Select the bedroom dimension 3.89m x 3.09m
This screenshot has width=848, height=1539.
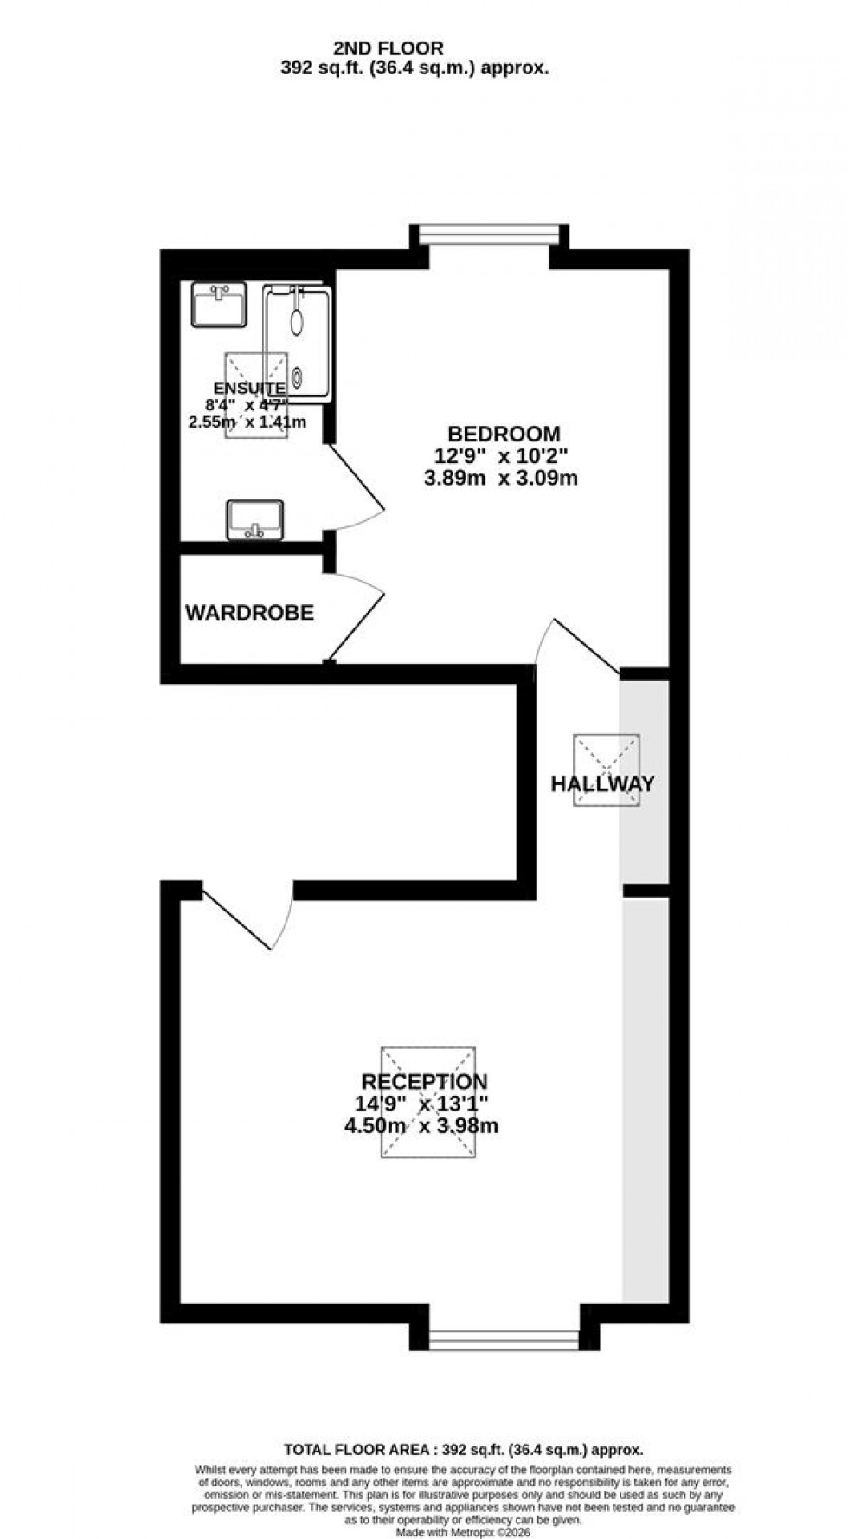tap(501, 478)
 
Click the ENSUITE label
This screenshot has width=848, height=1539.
tap(249, 389)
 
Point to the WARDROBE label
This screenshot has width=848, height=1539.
tap(249, 613)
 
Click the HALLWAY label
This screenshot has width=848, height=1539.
tap(602, 784)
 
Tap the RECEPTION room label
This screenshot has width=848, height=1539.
tap(424, 1082)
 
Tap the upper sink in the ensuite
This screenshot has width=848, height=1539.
tap(219, 306)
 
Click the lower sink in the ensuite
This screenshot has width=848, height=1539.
tap(255, 519)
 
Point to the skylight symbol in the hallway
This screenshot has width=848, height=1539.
tap(607, 769)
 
